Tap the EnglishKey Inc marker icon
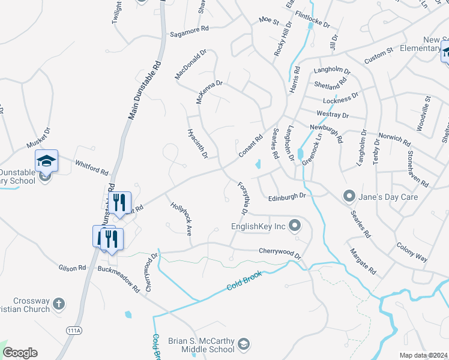294,226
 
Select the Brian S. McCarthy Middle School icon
243,344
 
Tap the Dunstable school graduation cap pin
46,161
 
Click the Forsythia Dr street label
243,198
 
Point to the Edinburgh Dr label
288,196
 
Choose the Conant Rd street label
251,146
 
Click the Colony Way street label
412,252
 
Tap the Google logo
20,353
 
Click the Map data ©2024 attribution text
423,355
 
